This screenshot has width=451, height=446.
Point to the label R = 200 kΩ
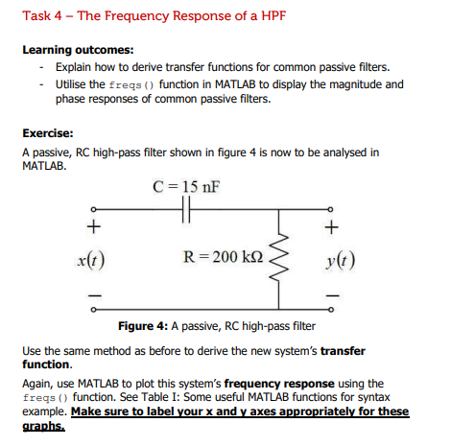click(222, 257)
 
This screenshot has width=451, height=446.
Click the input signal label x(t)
click(93, 258)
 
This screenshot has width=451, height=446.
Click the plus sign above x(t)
click(92, 229)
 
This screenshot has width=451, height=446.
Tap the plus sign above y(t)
click(332, 229)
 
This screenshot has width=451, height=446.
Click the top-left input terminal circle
click(93, 210)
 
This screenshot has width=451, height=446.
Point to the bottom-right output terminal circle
click(332, 308)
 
